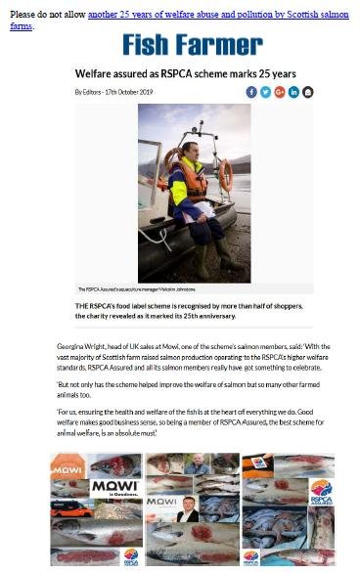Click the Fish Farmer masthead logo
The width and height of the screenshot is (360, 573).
click(192, 45)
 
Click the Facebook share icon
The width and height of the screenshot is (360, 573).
click(251, 92)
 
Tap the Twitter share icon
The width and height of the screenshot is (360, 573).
click(265, 92)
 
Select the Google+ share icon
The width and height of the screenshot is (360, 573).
click(280, 92)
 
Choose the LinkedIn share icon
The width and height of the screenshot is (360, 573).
click(293, 92)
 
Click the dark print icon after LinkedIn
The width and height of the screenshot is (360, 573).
click(308, 92)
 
